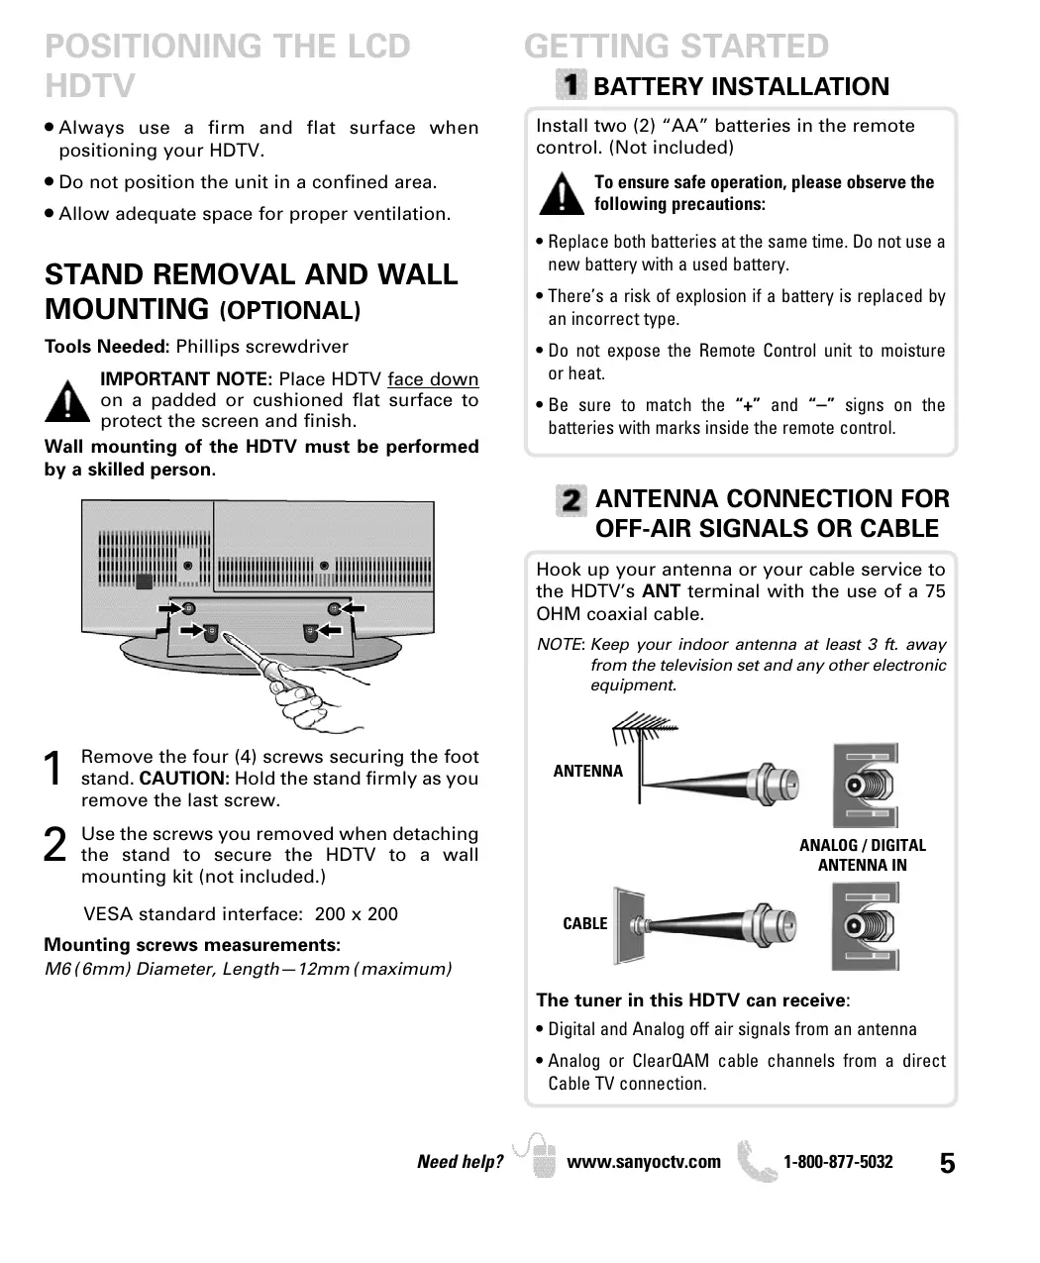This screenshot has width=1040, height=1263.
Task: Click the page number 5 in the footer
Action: click(948, 1164)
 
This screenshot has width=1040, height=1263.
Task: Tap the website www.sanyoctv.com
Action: click(644, 1162)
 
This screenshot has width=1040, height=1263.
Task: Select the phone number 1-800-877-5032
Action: click(838, 1162)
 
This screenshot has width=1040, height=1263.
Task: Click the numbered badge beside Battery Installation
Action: click(572, 85)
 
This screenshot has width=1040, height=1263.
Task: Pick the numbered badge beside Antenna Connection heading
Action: click(572, 499)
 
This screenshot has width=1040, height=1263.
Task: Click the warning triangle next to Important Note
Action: click(67, 401)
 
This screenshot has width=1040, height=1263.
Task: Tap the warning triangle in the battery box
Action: click(562, 193)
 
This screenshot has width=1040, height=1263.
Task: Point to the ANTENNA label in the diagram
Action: click(588, 772)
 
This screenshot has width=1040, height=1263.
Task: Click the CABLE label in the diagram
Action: click(584, 924)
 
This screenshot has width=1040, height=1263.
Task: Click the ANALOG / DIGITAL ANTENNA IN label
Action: click(862, 855)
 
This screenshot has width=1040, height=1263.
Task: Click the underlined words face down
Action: click(433, 379)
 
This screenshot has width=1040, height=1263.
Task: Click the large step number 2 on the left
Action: click(56, 844)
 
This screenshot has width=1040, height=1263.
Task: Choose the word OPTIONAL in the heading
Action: click(289, 311)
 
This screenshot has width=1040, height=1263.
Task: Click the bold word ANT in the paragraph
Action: click(661, 591)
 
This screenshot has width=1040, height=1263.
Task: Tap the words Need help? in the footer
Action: click(461, 1162)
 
